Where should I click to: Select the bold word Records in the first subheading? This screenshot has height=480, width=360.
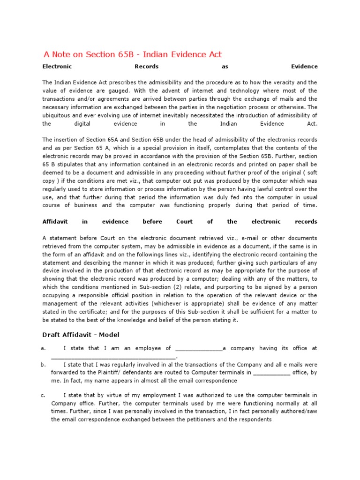click(146, 67)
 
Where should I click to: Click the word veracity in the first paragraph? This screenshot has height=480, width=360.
click(276, 82)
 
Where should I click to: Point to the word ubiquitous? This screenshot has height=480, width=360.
click(60, 116)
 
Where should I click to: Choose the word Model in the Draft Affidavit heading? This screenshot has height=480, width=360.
click(107, 335)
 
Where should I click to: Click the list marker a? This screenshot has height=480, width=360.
click(43, 348)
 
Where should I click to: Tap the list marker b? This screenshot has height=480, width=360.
click(43, 364)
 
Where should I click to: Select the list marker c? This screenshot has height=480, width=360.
click(43, 395)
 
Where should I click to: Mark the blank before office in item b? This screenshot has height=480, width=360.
click(271, 373)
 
